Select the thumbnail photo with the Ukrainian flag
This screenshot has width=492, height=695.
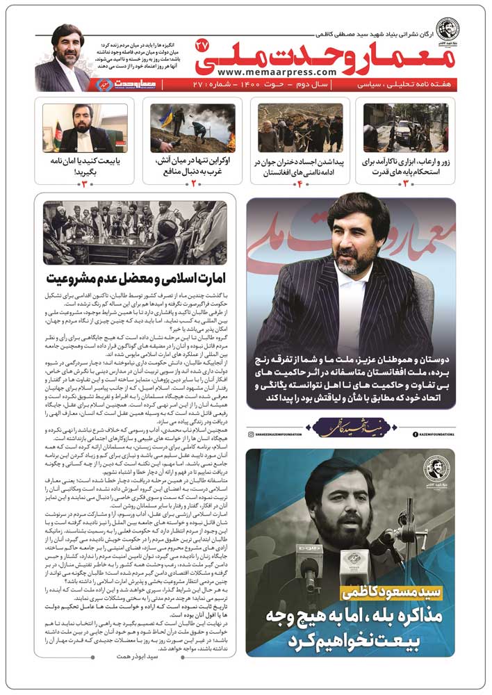[x=192, y=128]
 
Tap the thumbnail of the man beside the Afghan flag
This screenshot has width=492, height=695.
[x=85, y=128]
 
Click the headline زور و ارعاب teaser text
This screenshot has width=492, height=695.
[x=406, y=166]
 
